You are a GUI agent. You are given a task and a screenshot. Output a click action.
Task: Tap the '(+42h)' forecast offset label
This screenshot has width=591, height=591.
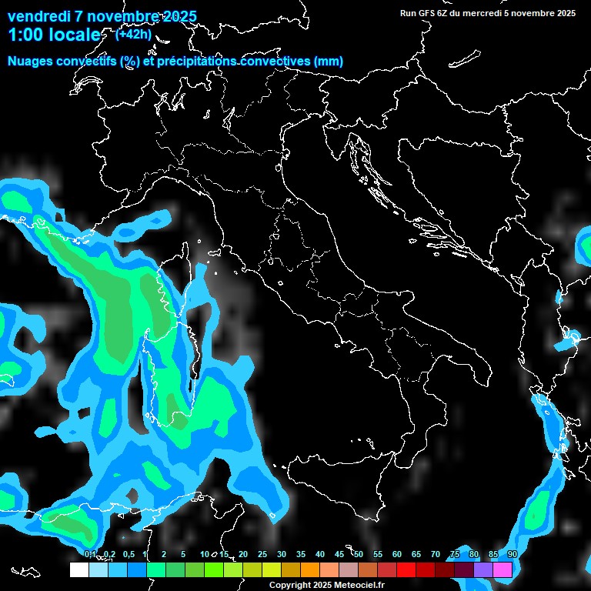(x=132, y=34)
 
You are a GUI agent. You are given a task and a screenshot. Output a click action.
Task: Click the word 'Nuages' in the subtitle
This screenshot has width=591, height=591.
(x=31, y=62)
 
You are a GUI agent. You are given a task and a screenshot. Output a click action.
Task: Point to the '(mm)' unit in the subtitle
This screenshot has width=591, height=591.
(x=328, y=62)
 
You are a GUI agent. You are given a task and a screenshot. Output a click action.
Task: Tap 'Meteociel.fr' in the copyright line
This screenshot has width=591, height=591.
(x=364, y=586)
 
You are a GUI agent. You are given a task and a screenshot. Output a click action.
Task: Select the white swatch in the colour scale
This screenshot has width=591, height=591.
(x=78, y=570)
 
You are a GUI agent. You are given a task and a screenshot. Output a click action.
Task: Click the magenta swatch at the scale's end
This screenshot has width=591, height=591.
(x=503, y=570)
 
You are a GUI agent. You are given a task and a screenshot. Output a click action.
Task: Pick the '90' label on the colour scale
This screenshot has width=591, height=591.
(x=512, y=555)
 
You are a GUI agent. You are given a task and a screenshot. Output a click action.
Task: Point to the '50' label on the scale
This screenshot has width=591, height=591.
(x=358, y=555)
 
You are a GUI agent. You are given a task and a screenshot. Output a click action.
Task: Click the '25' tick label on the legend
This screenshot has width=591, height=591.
(x=262, y=555)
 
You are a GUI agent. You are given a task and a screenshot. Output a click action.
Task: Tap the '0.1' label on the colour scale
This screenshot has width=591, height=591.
(x=90, y=555)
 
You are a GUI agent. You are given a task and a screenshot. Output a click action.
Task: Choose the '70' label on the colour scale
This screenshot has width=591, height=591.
(x=435, y=555)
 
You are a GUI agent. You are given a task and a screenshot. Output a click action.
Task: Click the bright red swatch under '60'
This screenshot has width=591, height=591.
(x=406, y=570)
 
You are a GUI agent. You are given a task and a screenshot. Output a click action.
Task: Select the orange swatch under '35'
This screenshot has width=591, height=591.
(x=310, y=570)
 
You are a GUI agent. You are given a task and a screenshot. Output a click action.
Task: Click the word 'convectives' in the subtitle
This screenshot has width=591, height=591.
(x=275, y=62)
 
